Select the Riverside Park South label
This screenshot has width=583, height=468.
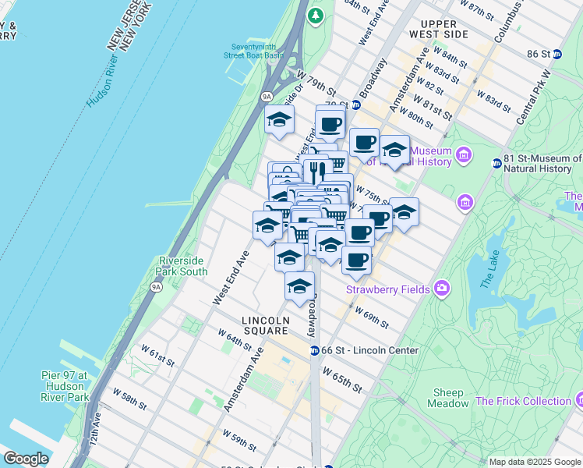tap(183, 266)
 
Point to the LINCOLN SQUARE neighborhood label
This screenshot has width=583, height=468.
tap(266, 325)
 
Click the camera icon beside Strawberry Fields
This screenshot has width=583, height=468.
tap(442, 289)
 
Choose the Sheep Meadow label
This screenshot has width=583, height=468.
tap(448, 398)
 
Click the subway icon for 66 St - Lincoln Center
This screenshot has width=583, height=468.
tap(314, 350)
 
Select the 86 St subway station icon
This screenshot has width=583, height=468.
tap(556, 54)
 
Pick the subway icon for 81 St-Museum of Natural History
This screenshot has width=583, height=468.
tap(496, 164)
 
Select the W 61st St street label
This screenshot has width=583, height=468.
tap(157, 357)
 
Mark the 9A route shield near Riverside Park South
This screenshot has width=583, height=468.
tap(156, 287)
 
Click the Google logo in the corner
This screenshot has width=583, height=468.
tap(26, 459)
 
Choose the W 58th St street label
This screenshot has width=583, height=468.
tap(129, 398)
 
